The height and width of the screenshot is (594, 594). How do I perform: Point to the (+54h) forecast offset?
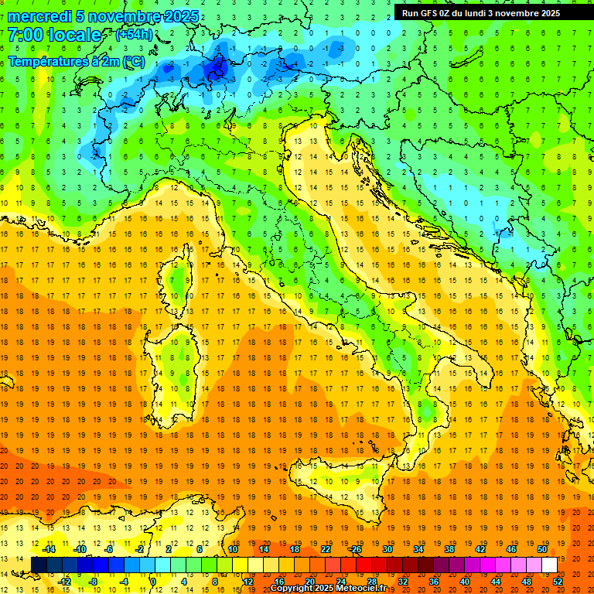tap(134, 35)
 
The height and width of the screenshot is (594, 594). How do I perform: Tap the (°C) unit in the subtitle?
tap(133, 61)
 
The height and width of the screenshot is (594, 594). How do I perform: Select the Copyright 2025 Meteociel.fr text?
tap(328, 588)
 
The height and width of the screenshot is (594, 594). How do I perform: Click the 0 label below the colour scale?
tap(152, 581)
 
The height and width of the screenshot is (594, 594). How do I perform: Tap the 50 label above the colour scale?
tap(541, 549)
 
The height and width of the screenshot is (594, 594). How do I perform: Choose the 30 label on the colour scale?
tap(387, 549)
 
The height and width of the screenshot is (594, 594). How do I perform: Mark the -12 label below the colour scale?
tap(65, 581)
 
